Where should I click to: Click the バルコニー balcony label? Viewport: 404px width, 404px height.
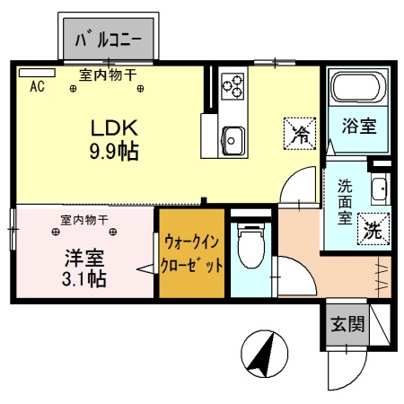coord(112,39)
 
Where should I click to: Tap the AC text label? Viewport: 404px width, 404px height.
coord(38,87)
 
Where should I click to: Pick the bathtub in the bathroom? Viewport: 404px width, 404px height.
coord(357,89)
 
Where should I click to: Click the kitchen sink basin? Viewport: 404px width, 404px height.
coord(235,141)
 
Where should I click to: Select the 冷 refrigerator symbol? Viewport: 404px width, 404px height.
coord(301,135)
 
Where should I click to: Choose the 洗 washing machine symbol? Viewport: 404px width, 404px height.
coord(370,228)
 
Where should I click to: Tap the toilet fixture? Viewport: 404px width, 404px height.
coord(250,243)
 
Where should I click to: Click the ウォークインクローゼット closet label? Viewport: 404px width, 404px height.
coord(192,253)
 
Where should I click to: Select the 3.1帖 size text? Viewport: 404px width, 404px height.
coord(85,278)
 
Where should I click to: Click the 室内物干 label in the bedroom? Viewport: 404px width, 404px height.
coord(85,219)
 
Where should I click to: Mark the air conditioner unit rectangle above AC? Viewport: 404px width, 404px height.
coord(37,72)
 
